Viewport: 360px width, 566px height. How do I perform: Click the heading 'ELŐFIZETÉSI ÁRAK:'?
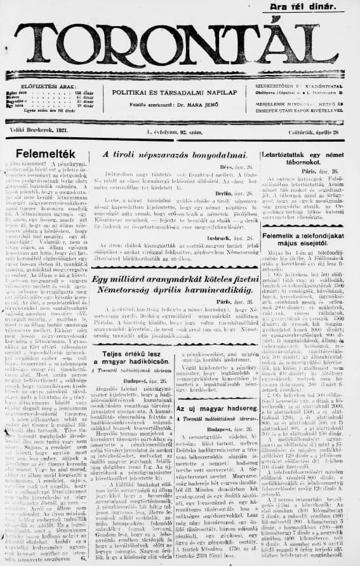click(43, 85)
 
